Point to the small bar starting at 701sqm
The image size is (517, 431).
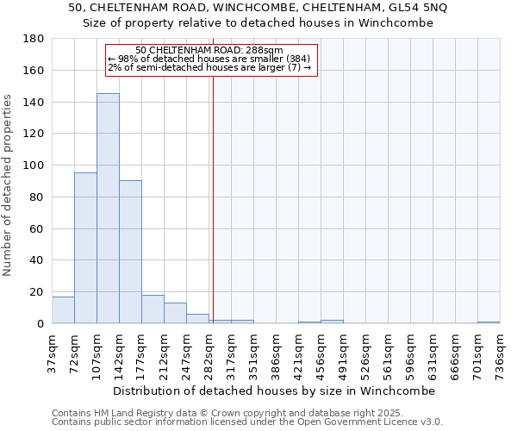489,322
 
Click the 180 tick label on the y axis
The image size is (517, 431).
34,39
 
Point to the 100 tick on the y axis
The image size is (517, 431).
34,166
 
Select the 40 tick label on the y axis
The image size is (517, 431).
37,260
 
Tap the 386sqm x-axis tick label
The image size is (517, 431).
277,352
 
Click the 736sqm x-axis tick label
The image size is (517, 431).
501,352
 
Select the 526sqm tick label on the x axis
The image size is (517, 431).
366,352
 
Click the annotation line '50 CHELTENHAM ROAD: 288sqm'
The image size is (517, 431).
209,51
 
